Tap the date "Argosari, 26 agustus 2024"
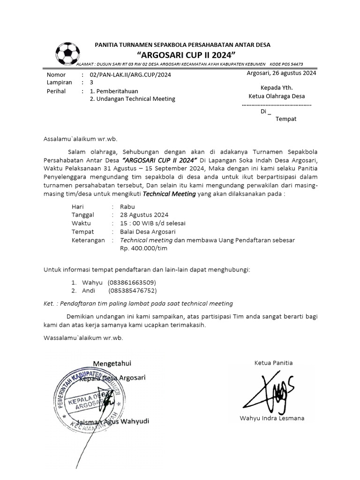tap(281, 73)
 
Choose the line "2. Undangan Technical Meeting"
tap(132, 99)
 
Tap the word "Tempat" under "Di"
tap(285, 119)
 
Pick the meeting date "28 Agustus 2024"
tap(144, 215)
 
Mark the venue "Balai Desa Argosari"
tap(148, 232)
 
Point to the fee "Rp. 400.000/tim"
tap(143, 248)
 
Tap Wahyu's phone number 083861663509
tap(132, 283)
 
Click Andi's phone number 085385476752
tap(132, 291)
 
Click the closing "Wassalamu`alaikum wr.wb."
tap(83, 337)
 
